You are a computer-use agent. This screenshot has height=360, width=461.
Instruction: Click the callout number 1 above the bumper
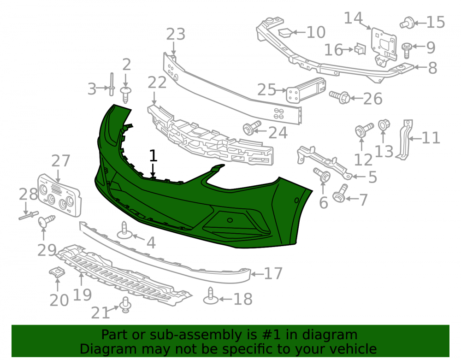(153, 156)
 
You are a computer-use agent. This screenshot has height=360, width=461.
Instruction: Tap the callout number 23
(176, 34)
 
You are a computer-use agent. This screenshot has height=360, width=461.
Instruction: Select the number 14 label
(354, 18)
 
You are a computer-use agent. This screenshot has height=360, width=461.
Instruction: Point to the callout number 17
(273, 274)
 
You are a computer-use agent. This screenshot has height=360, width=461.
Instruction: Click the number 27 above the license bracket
(61, 161)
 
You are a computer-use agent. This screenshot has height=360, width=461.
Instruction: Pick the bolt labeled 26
(340, 97)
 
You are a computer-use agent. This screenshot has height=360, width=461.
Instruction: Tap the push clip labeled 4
(124, 230)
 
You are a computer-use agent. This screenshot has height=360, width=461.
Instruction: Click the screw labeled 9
(407, 50)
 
